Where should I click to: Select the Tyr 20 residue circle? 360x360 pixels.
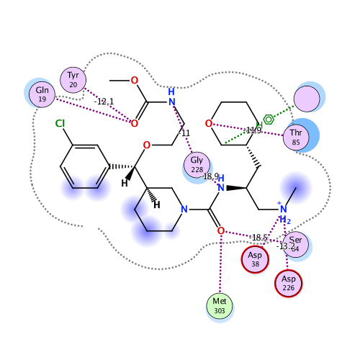[73, 80]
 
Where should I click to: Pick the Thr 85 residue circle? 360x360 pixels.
[295, 137]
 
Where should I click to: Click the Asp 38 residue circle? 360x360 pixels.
[254, 259]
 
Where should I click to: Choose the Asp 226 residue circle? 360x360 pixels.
[289, 283]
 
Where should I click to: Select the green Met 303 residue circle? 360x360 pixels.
[220, 305]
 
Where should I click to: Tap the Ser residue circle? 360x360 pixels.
[296, 245]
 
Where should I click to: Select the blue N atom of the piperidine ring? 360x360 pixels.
[184, 210]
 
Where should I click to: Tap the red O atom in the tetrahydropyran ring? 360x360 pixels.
[210, 124]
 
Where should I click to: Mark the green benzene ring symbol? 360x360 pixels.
[268, 118]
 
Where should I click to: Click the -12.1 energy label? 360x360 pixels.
[104, 102]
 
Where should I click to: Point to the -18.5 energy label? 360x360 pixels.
[260, 238]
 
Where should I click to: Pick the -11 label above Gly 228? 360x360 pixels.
[184, 133]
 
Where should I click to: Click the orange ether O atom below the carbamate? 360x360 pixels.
[146, 145]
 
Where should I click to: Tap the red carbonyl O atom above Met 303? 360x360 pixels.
[220, 231]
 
